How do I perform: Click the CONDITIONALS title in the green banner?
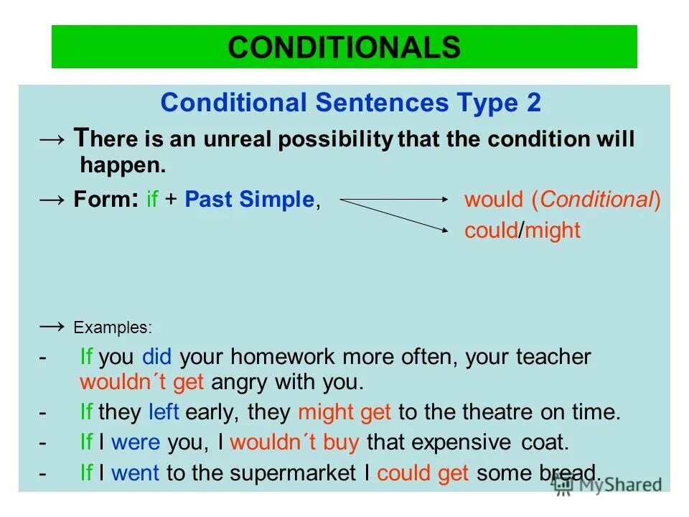[x=344, y=47]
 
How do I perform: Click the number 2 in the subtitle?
[x=532, y=103]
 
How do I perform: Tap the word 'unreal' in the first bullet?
[x=229, y=139]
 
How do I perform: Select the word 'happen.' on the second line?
[x=123, y=165]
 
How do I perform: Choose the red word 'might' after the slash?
[x=553, y=231]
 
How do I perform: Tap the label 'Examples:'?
[x=113, y=328]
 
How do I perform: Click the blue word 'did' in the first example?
[x=157, y=357]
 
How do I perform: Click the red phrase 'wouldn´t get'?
[x=141, y=382]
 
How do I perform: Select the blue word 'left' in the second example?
[x=164, y=412]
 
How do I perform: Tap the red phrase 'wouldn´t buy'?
[x=294, y=442]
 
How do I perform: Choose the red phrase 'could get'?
[x=423, y=473]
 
